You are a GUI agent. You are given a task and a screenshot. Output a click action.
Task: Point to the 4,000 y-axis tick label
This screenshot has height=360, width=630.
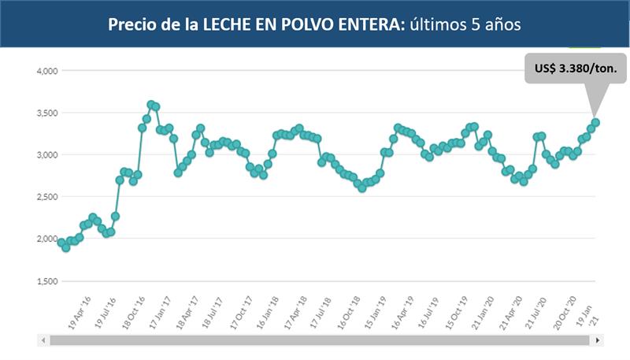[x=47, y=71]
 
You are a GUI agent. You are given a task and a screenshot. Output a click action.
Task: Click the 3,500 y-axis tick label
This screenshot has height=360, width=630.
[x=47, y=113]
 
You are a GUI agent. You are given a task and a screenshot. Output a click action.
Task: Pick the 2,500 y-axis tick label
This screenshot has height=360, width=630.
[x=47, y=197]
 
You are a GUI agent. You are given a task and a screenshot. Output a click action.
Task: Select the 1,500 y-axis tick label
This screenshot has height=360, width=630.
[x=47, y=281]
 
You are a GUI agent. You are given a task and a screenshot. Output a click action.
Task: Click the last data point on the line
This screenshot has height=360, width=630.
[x=596, y=122]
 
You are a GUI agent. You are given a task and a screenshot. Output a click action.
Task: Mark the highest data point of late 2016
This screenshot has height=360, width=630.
[x=151, y=104]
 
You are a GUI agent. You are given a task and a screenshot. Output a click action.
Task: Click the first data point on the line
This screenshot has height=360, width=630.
[x=61, y=243]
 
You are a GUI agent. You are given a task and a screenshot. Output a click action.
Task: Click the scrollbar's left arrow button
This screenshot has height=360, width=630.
[x=44, y=340]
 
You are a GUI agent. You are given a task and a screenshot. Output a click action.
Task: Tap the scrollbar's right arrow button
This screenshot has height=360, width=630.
[x=598, y=340]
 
